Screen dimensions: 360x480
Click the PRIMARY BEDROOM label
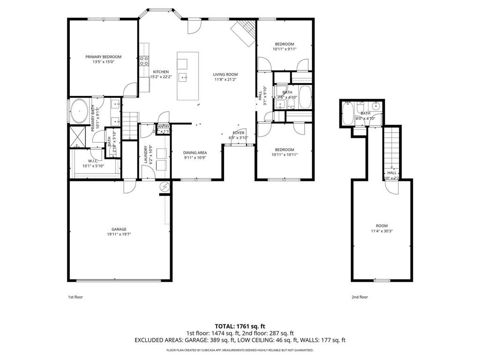(x=103, y=57)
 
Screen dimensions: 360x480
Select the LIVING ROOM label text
(x=225, y=74)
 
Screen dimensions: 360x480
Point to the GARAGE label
(x=119, y=229)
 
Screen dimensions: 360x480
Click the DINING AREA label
(x=195, y=152)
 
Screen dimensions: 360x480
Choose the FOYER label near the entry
(x=239, y=133)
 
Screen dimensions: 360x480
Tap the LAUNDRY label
(x=145, y=154)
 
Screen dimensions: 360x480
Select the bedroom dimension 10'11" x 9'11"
(x=284, y=49)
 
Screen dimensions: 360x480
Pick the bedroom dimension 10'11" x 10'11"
(x=284, y=155)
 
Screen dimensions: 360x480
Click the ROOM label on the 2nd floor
(x=382, y=225)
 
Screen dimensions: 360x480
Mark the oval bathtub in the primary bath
(x=79, y=112)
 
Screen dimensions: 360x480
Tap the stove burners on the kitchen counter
(x=144, y=60)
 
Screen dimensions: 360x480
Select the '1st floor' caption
(x=75, y=297)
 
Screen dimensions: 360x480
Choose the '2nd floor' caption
(x=360, y=297)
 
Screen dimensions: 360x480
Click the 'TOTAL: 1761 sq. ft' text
(x=240, y=326)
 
